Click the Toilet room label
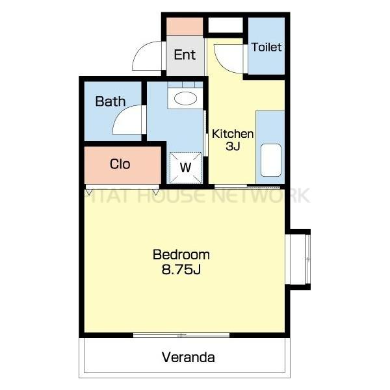coord(266,47)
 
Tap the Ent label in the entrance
coord(185,55)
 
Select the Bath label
coord(110,101)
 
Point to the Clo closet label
coord(120,164)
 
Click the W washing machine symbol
coord(185,168)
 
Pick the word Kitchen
coord(233,134)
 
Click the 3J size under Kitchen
coord(233,146)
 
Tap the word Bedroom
coord(181,254)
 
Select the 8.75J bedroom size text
coord(181,269)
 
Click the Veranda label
coord(188,357)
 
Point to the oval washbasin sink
coord(185,98)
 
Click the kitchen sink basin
coord(271,160)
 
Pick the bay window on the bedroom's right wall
coord(298,259)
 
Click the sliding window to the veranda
coord(181,335)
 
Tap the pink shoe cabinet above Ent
coord(185,27)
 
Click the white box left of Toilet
coord(226,25)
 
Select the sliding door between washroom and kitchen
coord(205,133)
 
